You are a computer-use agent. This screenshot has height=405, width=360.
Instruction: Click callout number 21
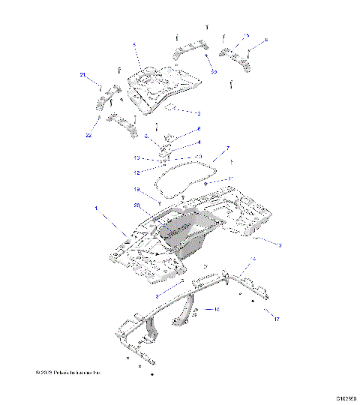(84, 74)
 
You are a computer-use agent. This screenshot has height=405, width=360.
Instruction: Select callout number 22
(89, 135)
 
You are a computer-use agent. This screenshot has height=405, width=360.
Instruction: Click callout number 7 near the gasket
(217, 148)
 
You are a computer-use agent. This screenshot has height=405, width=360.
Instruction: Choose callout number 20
(137, 205)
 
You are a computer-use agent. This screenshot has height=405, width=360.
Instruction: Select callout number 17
(277, 319)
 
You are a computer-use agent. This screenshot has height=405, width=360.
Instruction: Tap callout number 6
(199, 129)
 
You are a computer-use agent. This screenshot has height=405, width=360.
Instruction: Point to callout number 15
(246, 35)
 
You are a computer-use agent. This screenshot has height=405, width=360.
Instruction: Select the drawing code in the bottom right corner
(345, 399)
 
